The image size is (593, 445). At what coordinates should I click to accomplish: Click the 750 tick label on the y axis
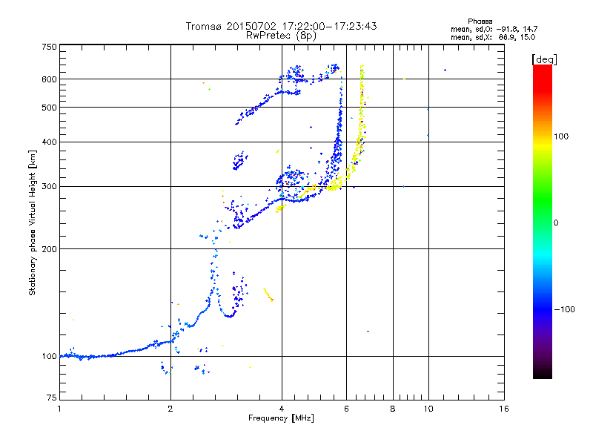coord(49,47)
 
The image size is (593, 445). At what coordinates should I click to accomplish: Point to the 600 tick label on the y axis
coord(49,79)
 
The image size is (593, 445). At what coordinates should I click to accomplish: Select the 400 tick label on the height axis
coord(49,142)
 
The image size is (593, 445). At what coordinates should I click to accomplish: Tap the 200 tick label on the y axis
coord(49,248)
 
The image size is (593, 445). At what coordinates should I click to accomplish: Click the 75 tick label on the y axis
coord(50,400)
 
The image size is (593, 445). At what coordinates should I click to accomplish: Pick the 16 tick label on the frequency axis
coord(504,409)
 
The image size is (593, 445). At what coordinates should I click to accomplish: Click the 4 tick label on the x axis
coord(282,409)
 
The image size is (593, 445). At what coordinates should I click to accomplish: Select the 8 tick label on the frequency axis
coord(393,409)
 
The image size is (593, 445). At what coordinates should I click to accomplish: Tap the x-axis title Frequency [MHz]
coord(282,418)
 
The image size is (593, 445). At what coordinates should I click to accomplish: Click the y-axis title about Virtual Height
coord(33,223)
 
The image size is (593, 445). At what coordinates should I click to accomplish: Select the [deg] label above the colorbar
coord(544,59)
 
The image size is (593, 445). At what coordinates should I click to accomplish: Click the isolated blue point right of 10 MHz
coord(445,70)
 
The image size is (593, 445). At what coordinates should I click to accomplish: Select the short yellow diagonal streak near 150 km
coord(268,294)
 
